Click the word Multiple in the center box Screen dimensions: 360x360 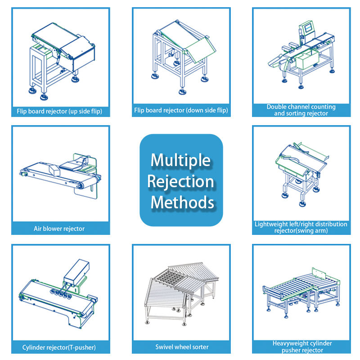point(180,160)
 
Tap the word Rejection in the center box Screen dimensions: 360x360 point(180,181)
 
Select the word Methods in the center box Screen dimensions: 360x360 point(182,202)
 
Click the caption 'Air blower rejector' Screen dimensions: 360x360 point(59,229)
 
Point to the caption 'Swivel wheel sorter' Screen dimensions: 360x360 point(181,347)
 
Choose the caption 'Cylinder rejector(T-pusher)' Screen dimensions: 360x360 point(59,347)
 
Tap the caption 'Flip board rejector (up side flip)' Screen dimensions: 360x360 point(60,110)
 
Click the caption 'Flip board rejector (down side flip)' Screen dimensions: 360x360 point(181,110)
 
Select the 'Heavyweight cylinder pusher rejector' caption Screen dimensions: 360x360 point(301,346)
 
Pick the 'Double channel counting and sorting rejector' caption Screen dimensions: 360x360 point(301,110)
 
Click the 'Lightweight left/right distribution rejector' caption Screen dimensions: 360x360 point(301,227)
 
